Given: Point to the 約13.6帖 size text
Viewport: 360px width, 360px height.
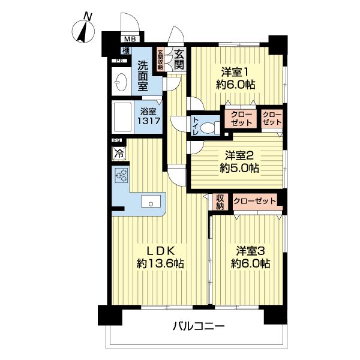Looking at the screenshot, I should point(160,263).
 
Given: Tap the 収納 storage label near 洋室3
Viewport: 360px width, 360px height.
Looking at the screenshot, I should point(220,202).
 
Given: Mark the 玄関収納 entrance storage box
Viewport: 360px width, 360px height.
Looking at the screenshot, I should point(161,60).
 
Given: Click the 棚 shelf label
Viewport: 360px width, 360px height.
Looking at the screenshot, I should point(125,51).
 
